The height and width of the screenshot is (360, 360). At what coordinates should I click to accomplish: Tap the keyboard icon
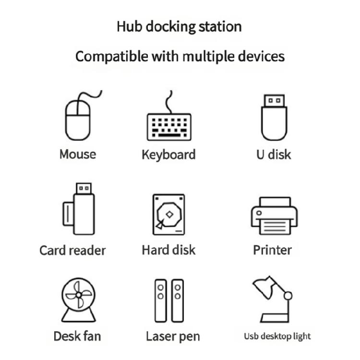169,127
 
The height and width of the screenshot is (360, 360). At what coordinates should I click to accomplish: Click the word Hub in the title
129,26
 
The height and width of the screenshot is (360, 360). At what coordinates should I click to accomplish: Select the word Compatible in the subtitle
112,57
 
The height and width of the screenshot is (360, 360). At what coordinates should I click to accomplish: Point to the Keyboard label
169,155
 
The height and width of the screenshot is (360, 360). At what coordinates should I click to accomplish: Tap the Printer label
272,250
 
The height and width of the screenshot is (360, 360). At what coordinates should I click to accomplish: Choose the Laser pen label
173,336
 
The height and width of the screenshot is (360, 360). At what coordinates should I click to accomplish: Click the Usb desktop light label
277,336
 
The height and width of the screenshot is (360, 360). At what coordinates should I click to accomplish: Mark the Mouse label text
78,154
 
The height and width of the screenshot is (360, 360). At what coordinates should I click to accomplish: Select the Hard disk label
169,250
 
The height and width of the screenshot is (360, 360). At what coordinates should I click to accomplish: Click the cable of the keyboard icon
169,102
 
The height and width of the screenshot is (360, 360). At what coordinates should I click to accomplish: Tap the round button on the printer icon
259,213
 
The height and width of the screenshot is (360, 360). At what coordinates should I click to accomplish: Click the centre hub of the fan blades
79,295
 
